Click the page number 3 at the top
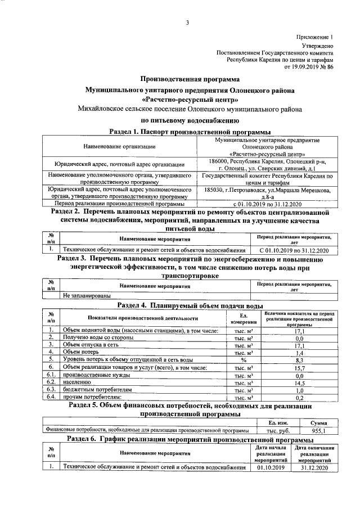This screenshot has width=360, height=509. point(187,22)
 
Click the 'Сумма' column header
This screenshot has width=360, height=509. point(318,422)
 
